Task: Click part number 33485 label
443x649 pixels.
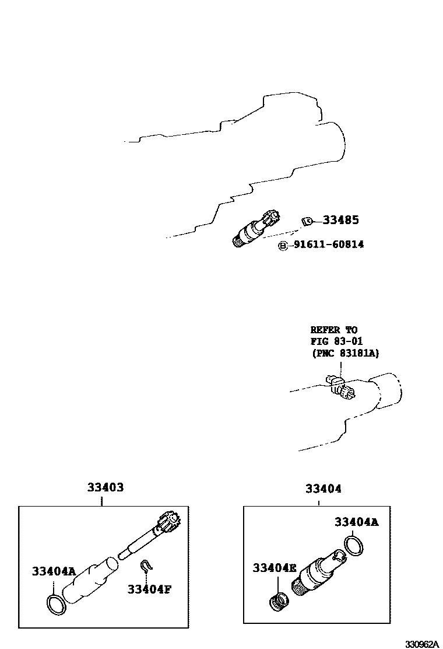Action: (340, 220)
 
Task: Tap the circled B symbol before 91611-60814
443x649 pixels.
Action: (283, 246)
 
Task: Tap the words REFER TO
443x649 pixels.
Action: (334, 330)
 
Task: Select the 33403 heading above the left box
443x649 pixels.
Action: (106, 487)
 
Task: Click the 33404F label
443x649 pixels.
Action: (149, 589)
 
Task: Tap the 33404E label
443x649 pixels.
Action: (275, 567)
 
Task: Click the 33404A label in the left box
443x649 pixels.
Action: (54, 571)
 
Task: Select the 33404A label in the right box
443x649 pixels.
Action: (356, 522)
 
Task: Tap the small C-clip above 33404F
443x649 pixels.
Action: (146, 566)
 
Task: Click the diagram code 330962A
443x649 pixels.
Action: (422, 644)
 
